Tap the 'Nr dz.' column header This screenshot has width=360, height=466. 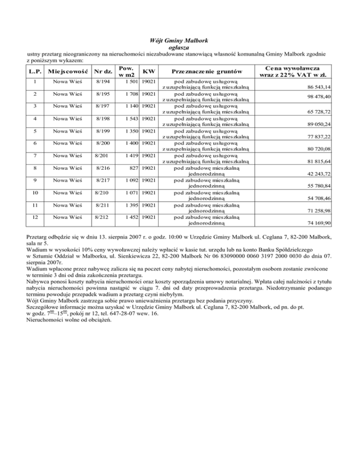(x=102, y=71)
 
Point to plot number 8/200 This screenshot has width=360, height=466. (x=103, y=142)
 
